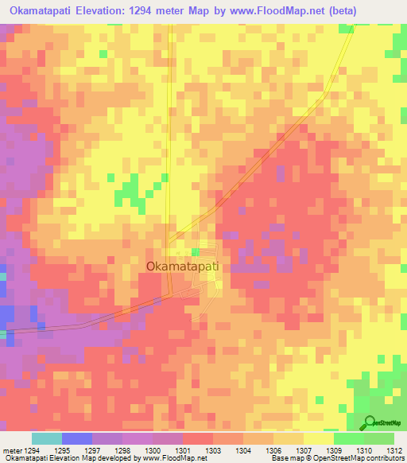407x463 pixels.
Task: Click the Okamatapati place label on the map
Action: [x=184, y=268]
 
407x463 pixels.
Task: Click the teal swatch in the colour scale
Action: [x=47, y=438]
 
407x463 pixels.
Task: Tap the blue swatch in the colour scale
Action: [x=77, y=438]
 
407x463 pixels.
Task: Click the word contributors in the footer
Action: [x=382, y=459]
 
